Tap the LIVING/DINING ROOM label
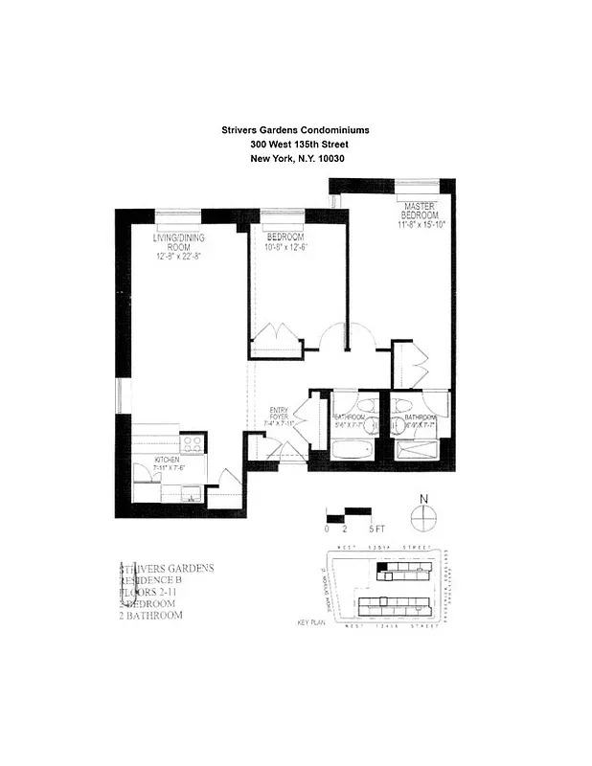click(179, 241)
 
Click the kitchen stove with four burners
click(193, 443)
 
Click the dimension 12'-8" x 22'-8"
click(179, 256)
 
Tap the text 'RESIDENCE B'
click(149, 580)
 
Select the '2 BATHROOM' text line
click(149, 615)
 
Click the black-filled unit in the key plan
click(382, 568)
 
